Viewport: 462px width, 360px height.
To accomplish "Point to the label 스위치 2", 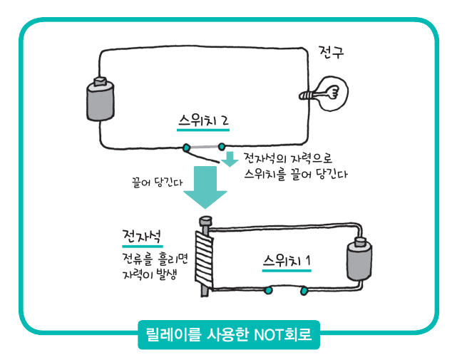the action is click(x=204, y=121).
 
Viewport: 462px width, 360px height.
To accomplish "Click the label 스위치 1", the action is click(x=287, y=259).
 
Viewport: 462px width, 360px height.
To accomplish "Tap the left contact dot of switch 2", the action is click(x=187, y=148).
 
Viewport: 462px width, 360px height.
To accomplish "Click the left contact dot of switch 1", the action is click(x=269, y=291).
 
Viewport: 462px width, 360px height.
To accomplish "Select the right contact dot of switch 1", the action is click(x=305, y=291).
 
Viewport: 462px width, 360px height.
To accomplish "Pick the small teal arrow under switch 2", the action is click(x=229, y=159).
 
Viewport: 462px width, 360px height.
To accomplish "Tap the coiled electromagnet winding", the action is click(x=203, y=257).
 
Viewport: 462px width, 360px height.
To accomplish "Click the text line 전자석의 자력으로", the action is click(x=288, y=157).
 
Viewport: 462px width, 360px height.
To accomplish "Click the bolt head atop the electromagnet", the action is click(x=205, y=222).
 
